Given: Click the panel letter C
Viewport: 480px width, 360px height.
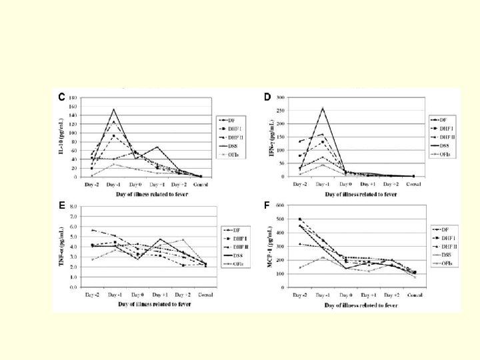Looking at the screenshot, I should click(61, 97).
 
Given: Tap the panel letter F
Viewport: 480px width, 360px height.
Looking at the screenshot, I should click(267, 205).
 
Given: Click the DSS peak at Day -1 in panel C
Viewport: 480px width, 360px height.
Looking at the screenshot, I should click(113, 109).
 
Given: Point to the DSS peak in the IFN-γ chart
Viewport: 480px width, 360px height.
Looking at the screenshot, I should click(323, 108).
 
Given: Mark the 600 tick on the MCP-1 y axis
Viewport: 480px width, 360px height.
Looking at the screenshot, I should click(280, 205).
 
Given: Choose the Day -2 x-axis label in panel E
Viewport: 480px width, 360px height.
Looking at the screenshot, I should click(92, 294).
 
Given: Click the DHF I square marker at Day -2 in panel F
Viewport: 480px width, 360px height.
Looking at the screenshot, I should click(300, 219).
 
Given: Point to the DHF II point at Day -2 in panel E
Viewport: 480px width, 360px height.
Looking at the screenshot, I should click(92, 230).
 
